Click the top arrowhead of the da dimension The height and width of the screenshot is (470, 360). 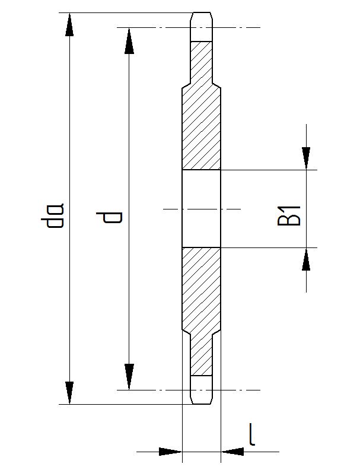click(x=70, y=24)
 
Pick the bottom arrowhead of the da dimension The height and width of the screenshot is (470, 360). click(x=70, y=393)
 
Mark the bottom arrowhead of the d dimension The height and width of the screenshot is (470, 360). click(x=128, y=378)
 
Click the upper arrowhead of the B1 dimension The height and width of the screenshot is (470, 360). click(x=306, y=158)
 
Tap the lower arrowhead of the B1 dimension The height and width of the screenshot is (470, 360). click(x=306, y=259)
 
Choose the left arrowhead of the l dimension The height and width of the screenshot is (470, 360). click(x=170, y=452)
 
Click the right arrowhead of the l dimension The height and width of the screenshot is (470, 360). click(x=232, y=452)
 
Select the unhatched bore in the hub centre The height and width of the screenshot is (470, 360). click(x=201, y=208)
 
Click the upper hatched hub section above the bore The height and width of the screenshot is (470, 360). click(x=201, y=128)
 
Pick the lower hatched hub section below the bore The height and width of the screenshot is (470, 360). click(x=201, y=291)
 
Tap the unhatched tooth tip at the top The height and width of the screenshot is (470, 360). click(x=201, y=26)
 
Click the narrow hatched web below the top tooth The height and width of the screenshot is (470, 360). click(x=201, y=62)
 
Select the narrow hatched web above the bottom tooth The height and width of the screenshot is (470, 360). click(x=201, y=356)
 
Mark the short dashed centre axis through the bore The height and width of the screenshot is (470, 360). click(x=201, y=209)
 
